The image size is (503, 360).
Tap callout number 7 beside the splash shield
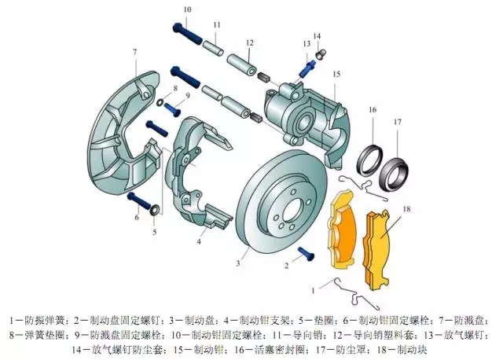(x=134, y=52)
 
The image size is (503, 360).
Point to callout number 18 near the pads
(x=406, y=210)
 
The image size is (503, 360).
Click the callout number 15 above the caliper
(x=336, y=74)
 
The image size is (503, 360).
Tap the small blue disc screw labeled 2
(x=305, y=254)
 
